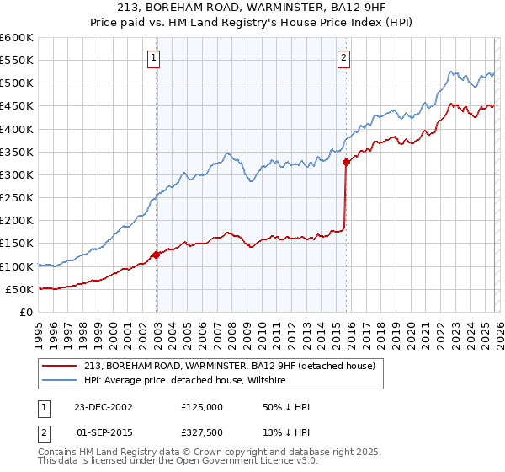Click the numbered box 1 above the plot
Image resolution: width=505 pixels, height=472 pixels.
(155, 58)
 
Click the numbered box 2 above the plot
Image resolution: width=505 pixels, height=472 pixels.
(344, 58)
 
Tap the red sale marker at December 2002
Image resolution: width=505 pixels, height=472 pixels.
(157, 255)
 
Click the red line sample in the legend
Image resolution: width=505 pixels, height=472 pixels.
(60, 366)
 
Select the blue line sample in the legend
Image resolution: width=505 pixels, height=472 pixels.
(60, 381)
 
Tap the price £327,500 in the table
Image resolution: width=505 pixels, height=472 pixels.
(201, 434)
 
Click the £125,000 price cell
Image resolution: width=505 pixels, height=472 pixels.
(201, 407)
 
